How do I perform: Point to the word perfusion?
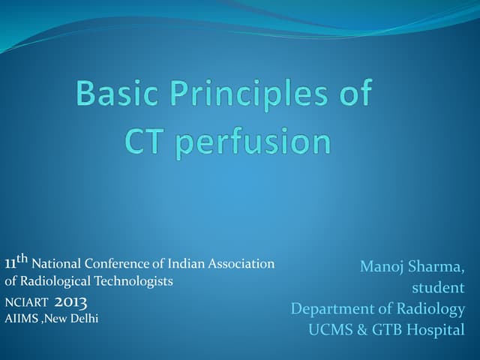(x=252, y=142)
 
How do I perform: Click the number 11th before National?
(x=16, y=262)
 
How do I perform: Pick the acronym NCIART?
(x=27, y=303)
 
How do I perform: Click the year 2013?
(x=71, y=302)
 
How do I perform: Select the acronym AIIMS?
(x=21, y=319)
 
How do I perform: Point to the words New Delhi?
(x=73, y=319)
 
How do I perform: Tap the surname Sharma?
(x=438, y=266)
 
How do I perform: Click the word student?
(x=438, y=287)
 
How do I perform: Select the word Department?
(x=331, y=309)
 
